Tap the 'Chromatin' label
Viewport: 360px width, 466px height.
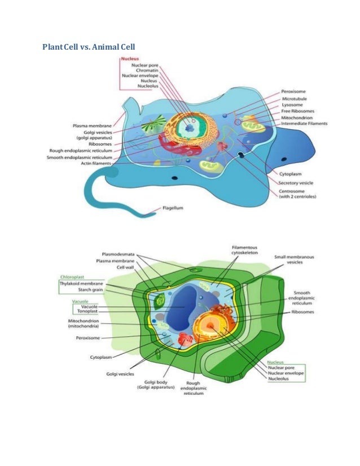pos(146,70)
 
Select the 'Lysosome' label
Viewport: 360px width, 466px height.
pos(292,105)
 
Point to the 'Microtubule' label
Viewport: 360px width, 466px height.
pos(294,98)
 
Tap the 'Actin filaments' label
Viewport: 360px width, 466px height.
pos(94,164)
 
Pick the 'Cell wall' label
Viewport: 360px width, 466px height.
pos(129,267)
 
